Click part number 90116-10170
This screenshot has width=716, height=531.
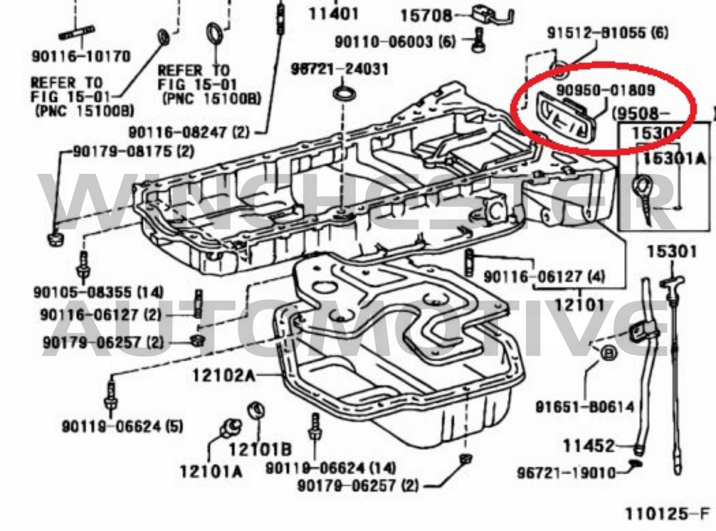pyautogui.click(x=81, y=56)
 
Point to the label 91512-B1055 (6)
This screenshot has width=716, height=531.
pyautogui.click(x=607, y=33)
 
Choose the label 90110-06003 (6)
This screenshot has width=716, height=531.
pyautogui.click(x=395, y=42)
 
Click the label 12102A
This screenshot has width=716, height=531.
pyautogui.click(x=223, y=376)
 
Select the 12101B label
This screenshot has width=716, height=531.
pyautogui.click(x=260, y=449)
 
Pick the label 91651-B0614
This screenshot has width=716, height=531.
pyautogui.click(x=585, y=407)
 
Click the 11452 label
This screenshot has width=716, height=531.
pyautogui.click(x=589, y=446)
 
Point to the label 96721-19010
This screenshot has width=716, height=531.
pyautogui.click(x=566, y=473)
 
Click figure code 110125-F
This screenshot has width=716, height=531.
pyautogui.click(x=667, y=514)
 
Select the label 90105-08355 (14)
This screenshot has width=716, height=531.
pyautogui.click(x=99, y=292)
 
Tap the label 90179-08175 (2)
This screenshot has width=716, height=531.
pyautogui.click(x=134, y=151)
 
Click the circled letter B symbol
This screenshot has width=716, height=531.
pyautogui.click(x=608, y=353)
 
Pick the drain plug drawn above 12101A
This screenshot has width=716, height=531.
pyautogui.click(x=230, y=427)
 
